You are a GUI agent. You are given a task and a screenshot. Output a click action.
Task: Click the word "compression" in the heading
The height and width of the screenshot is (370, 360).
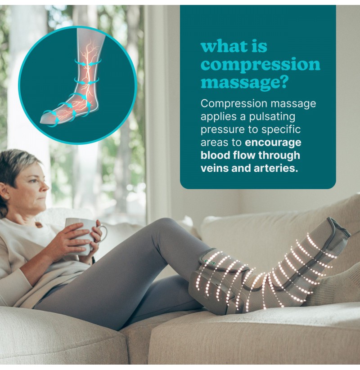pos(260,64)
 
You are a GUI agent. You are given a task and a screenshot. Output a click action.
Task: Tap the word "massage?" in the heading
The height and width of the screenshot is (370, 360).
pos(244,82)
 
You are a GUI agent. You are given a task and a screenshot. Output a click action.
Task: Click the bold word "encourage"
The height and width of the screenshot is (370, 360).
pos(273,143)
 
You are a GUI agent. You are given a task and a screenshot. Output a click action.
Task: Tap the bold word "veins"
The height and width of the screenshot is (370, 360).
pos(215,168)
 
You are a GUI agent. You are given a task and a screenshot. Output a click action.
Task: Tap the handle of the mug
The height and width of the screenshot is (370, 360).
pos(103,232)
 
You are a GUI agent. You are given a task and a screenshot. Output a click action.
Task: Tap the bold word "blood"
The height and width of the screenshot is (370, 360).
pos(215,155)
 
